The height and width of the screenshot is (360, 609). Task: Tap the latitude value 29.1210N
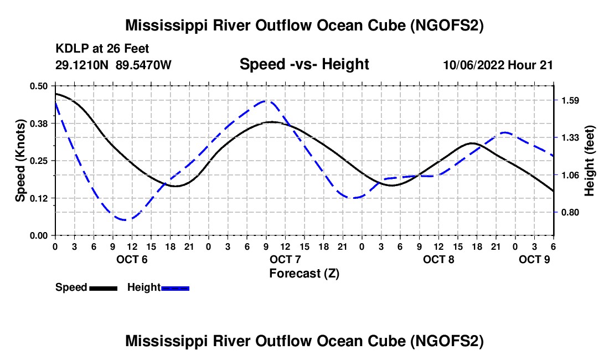click(82, 65)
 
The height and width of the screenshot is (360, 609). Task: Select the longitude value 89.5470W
click(144, 65)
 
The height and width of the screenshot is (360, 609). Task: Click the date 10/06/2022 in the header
click(473, 65)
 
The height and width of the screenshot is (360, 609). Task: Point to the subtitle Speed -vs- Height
click(304, 64)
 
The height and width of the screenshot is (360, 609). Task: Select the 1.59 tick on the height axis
click(570, 101)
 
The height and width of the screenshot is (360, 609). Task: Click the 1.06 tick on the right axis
click(570, 175)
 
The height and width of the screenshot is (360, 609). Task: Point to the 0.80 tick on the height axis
click(570, 212)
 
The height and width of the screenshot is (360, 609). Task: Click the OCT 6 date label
click(132, 259)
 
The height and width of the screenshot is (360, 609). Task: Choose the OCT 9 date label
click(534, 259)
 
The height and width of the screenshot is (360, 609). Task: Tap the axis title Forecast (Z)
click(304, 273)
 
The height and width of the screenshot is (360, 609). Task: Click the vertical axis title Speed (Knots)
click(20, 161)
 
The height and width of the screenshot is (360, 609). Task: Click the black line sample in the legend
click(103, 288)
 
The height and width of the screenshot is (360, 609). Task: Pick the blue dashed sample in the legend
click(176, 288)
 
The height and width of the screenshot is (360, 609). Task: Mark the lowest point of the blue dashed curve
click(127, 220)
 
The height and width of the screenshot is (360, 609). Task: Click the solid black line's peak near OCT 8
click(472, 143)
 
